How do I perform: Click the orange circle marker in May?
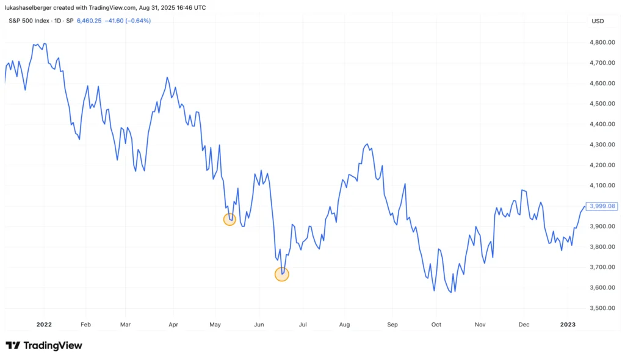click(229, 220)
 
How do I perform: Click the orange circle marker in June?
click(281, 275)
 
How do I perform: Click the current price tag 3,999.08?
click(602, 206)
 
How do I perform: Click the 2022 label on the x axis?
click(44, 325)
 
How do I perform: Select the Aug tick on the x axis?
click(344, 325)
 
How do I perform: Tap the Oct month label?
click(436, 325)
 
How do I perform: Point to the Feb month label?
click(85, 325)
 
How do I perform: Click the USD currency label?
click(598, 21)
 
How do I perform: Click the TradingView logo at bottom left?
click(44, 346)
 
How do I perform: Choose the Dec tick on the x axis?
click(524, 325)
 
